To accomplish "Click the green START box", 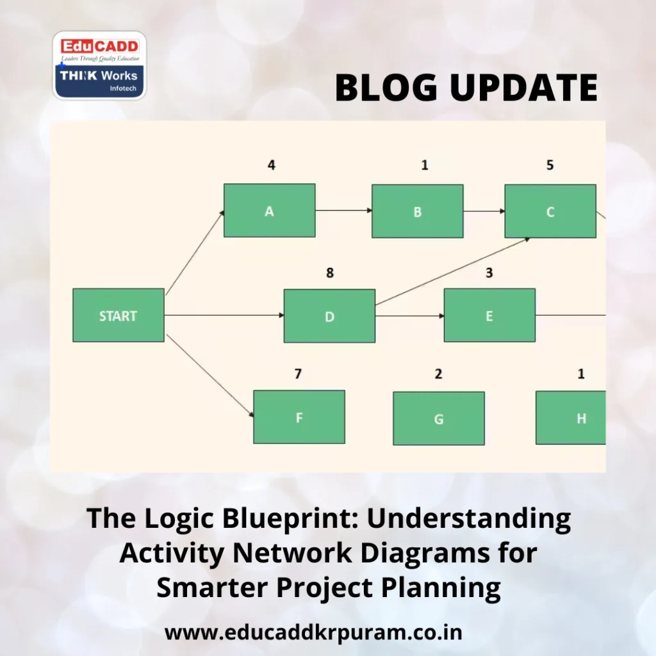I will click(118, 315).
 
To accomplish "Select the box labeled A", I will click(269, 211).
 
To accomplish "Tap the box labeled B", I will click(417, 211).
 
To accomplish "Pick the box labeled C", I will click(550, 211).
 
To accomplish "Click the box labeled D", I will click(329, 316).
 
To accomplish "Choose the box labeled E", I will click(489, 315).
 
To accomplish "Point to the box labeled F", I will click(299, 417).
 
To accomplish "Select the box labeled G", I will click(438, 418).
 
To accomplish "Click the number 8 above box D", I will click(329, 273).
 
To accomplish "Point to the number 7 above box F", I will click(298, 374).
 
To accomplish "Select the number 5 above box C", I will click(550, 165).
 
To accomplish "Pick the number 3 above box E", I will click(489, 273).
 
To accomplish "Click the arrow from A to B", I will click(343, 210).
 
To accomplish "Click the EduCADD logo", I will click(99, 65).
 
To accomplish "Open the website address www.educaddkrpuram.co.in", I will click(313, 632).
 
